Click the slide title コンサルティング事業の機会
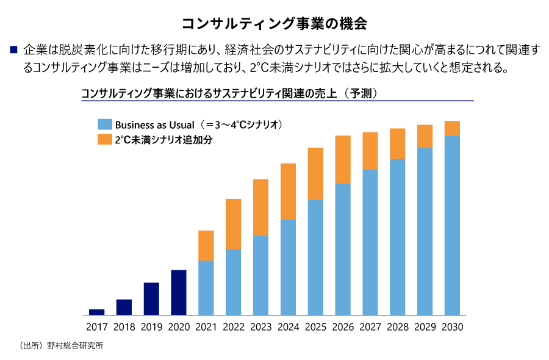(x=274, y=23)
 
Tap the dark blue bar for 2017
(x=96, y=312)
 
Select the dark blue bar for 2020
(x=179, y=292)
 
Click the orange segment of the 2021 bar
(x=206, y=245)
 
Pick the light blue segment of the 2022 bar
(x=234, y=282)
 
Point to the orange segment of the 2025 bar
(x=315, y=173)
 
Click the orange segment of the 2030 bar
(x=452, y=128)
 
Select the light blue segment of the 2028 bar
(x=398, y=237)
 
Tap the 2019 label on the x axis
(x=151, y=327)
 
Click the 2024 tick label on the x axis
(x=288, y=327)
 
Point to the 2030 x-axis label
(x=452, y=327)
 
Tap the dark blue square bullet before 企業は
(x=13, y=48)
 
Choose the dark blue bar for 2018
(x=124, y=307)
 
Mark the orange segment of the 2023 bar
(x=260, y=207)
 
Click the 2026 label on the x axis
(x=343, y=327)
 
